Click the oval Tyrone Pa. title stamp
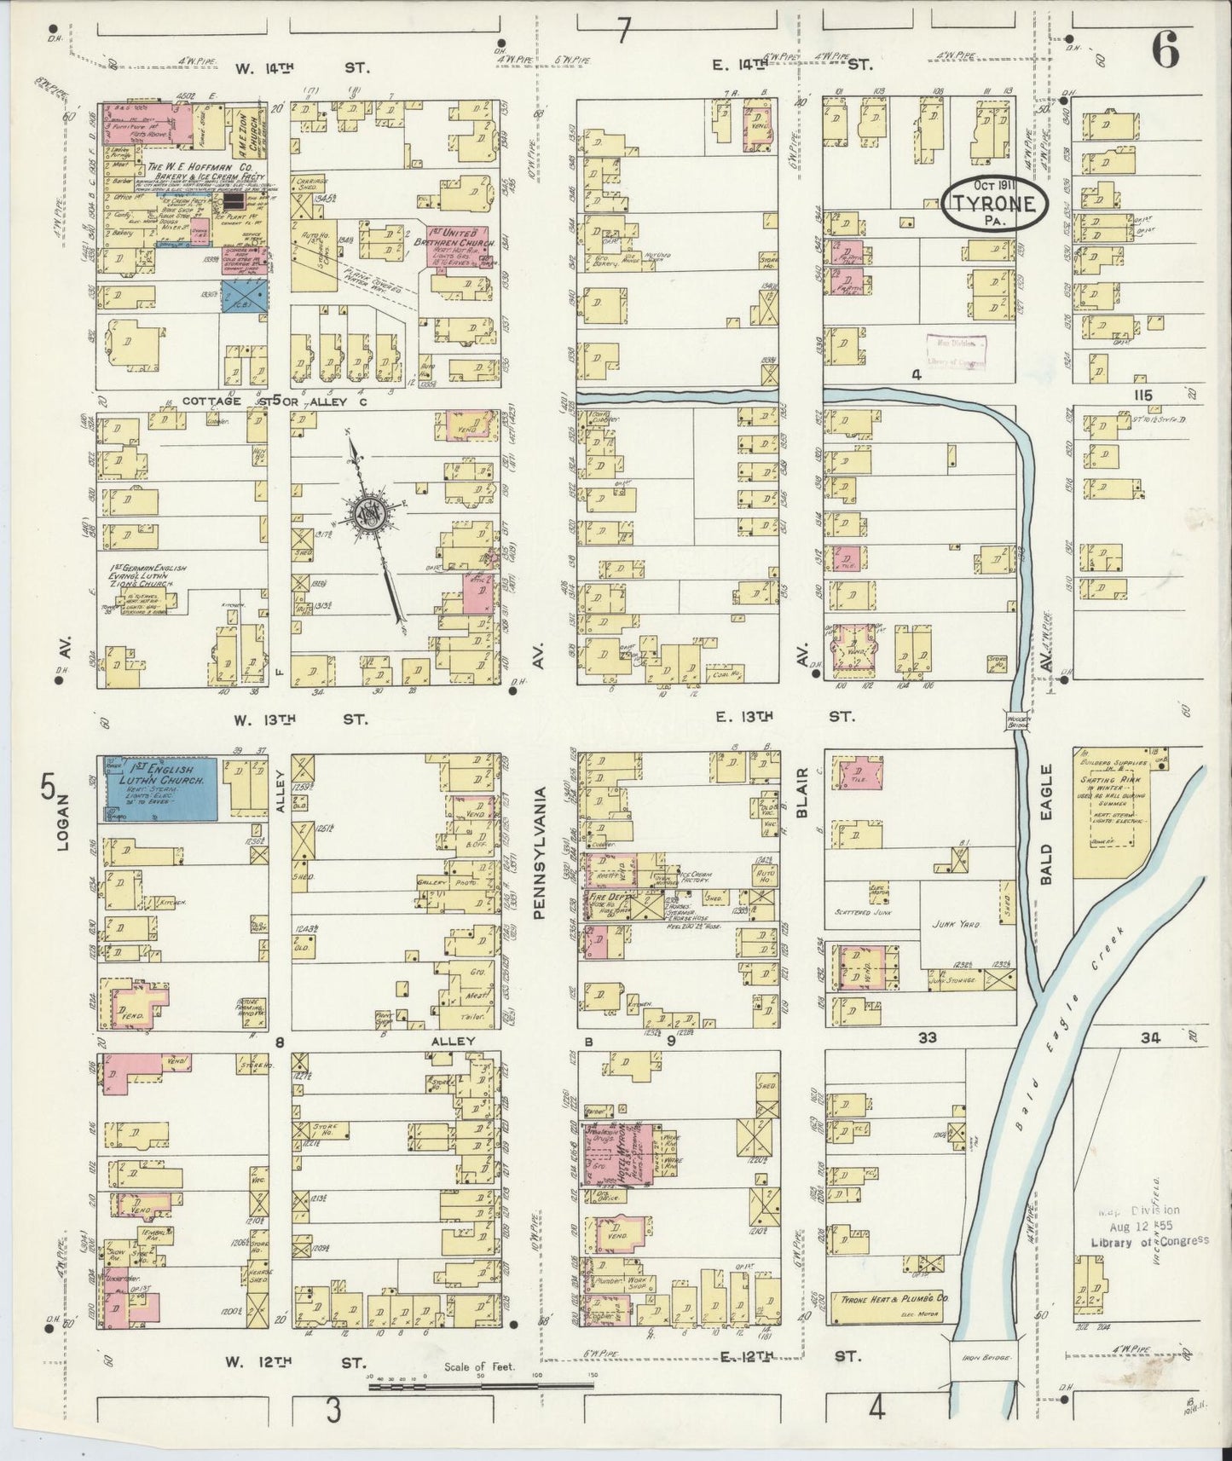point(995,204)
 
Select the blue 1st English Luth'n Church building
point(161,788)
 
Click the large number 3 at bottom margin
point(333,1411)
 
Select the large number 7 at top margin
point(623,32)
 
